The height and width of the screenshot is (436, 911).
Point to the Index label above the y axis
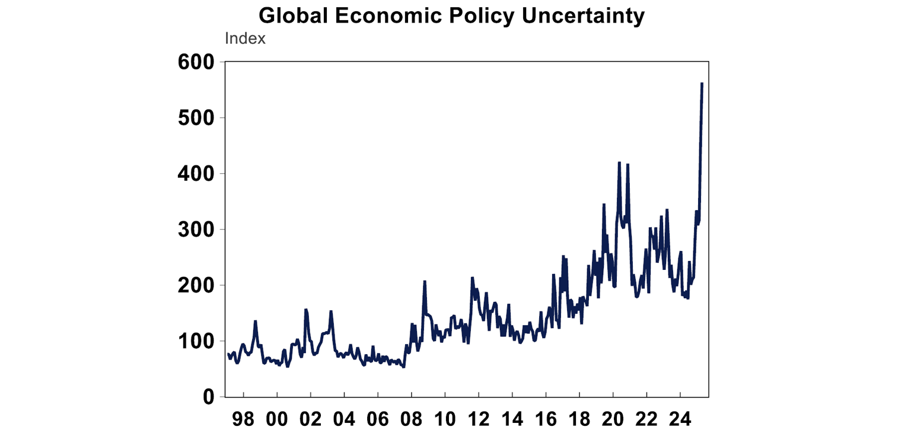[245, 39]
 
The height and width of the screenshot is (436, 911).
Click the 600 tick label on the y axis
[197, 62]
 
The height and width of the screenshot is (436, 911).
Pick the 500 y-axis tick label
[197, 118]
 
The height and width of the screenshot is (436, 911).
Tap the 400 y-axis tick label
[197, 174]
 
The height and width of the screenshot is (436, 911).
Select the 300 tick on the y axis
[197, 230]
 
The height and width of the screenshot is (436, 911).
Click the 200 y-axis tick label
[197, 285]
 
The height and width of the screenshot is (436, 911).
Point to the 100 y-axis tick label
[197, 341]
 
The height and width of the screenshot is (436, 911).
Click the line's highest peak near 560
[702, 84]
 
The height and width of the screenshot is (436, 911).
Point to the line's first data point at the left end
[228, 354]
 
